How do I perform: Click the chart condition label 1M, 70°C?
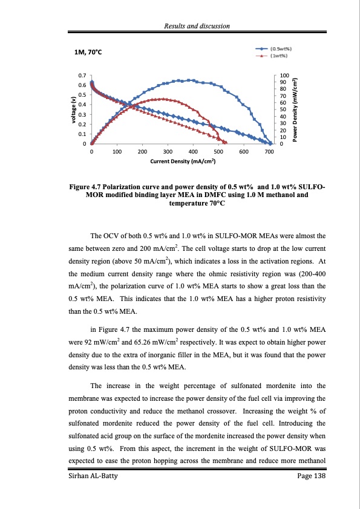pyautogui.click(x=87, y=53)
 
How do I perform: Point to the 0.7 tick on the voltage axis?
pyautogui.click(x=82, y=75)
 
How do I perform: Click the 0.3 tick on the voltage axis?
pyautogui.click(x=82, y=114)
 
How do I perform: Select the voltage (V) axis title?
pyautogui.click(x=70, y=109)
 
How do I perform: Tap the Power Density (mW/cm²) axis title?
pyautogui.click(x=295, y=109)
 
